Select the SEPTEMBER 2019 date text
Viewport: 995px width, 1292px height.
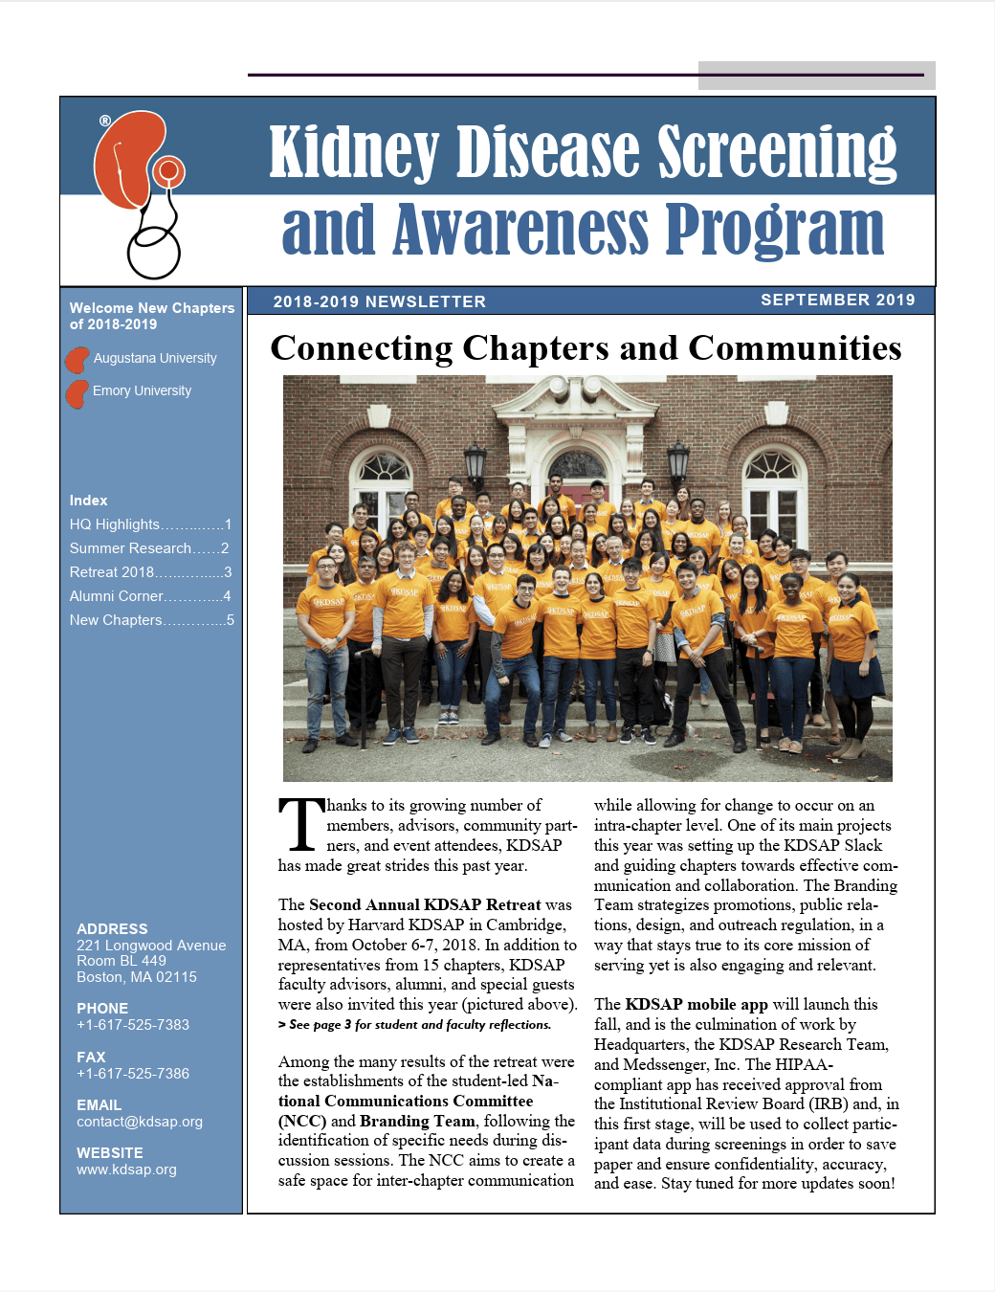[x=837, y=300]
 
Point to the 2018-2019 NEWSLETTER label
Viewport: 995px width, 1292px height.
[x=379, y=301]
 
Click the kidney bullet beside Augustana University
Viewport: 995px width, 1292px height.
[x=77, y=360]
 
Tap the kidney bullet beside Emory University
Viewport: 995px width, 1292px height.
[x=77, y=392]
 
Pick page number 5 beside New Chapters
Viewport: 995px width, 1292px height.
[x=230, y=620]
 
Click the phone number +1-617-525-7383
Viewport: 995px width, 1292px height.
[x=133, y=1025]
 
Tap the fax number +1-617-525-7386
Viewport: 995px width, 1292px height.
[x=133, y=1074]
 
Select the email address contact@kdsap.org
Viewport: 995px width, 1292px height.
[x=140, y=1122]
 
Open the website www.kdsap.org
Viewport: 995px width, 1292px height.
[x=126, y=1169]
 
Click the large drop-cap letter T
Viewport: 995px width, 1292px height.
[x=301, y=825]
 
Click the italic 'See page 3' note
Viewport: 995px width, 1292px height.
[x=414, y=1025]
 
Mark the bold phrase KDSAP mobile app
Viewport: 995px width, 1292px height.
[x=696, y=1004]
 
